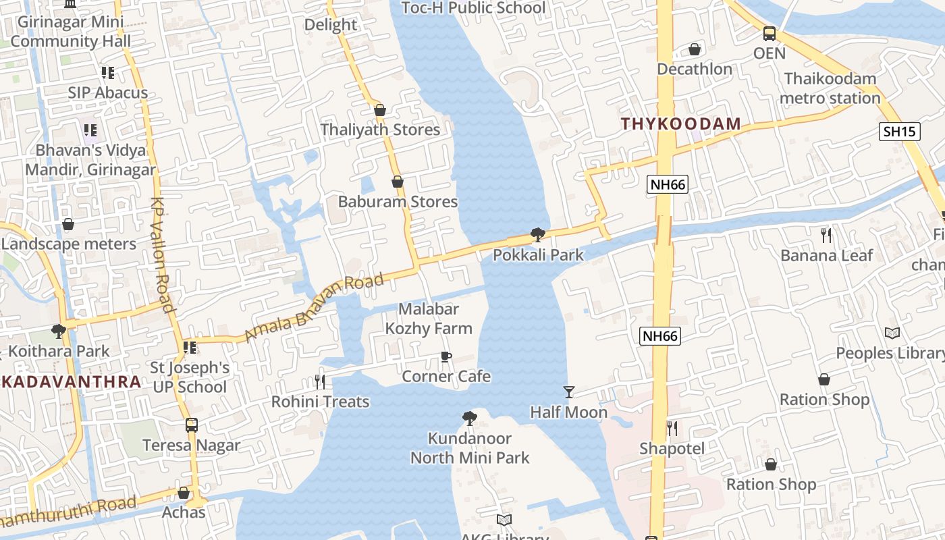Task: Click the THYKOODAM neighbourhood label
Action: (x=680, y=124)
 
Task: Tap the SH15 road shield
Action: (x=900, y=131)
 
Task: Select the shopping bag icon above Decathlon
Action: (x=695, y=49)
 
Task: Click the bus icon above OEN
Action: (x=769, y=34)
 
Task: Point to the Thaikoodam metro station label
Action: (x=830, y=88)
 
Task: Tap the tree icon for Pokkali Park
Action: (x=538, y=235)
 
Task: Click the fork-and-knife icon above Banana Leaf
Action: (x=826, y=236)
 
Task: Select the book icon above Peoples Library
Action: (x=892, y=333)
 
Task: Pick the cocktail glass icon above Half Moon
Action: (x=569, y=392)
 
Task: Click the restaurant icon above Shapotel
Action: (x=672, y=429)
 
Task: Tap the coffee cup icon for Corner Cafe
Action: (x=446, y=356)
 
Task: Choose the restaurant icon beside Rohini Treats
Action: (x=320, y=382)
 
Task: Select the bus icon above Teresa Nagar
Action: (x=192, y=425)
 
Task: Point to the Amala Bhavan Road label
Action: (x=314, y=306)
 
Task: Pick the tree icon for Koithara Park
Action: (x=59, y=331)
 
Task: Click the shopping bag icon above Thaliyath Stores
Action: (x=380, y=110)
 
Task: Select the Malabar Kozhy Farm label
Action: (x=429, y=319)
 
